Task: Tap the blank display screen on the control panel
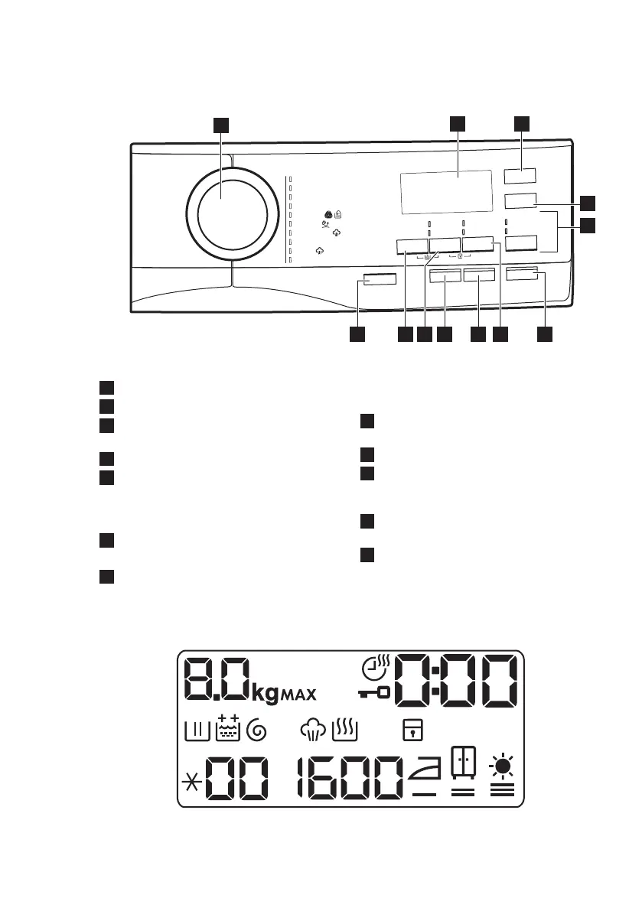tap(445, 192)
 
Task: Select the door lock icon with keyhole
tap(412, 731)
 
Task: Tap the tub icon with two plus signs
tap(228, 729)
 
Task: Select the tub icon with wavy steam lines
tap(344, 732)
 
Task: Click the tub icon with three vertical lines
tap(197, 732)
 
